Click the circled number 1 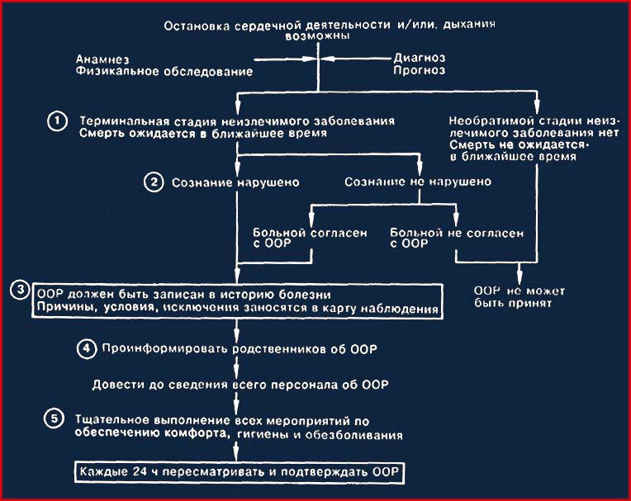coord(58,121)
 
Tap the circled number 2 coord(154,182)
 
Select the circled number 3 coord(20,290)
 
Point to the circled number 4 coord(87,348)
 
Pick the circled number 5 coord(55,419)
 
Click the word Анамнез coord(102,59)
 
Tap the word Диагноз coord(420,58)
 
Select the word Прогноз coord(420,70)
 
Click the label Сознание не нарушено coord(418,182)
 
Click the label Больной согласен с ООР coord(310,238)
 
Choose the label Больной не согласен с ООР coord(457,238)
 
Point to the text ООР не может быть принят coord(520,297)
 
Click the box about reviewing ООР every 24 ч coord(240,471)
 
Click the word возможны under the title coord(317,35)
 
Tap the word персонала coord(304,385)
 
